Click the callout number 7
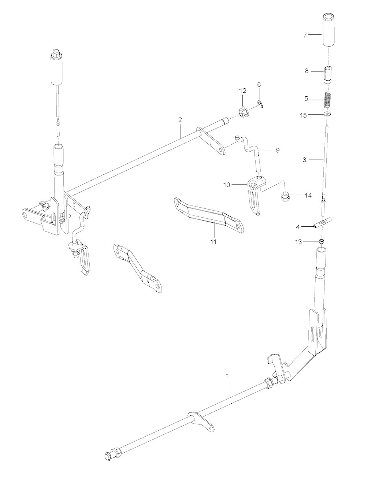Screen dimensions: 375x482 pos(305,35)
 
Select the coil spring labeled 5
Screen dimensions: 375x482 pos(327,100)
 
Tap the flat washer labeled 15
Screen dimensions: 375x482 pos(327,114)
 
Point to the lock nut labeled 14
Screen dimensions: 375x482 pos(285,196)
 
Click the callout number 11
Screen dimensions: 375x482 pos(214,242)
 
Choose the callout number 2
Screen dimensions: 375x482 pos(180,120)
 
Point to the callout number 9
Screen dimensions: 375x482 pos(278,151)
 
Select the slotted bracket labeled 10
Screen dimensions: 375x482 pos(257,195)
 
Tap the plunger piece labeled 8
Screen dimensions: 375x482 pos(327,75)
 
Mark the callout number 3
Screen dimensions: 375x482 pos(304,160)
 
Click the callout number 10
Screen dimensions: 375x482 pos(227,185)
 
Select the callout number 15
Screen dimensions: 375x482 pos(303,116)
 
